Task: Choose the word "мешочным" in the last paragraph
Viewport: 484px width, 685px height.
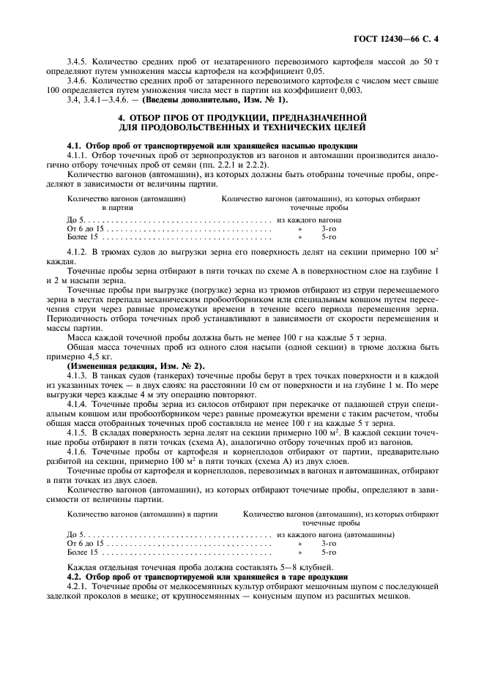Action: (320, 587)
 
